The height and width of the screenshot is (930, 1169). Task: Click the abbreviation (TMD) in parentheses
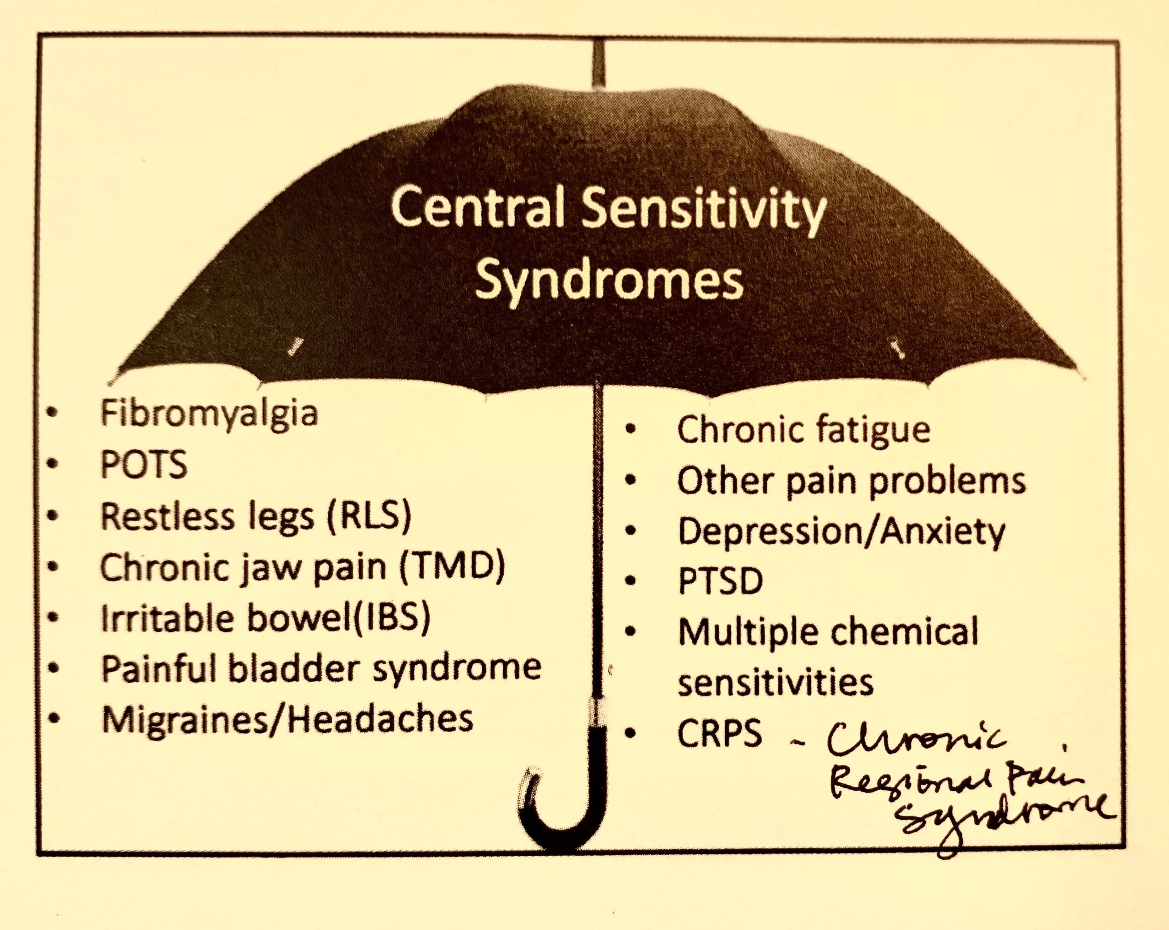[452, 566]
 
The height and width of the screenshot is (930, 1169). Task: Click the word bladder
[293, 668]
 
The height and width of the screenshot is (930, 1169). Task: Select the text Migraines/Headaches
[288, 719]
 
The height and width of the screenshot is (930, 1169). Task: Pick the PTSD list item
[721, 581]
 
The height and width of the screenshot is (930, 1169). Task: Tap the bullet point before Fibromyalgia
[52, 414]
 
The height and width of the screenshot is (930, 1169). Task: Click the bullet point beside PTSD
[630, 581]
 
